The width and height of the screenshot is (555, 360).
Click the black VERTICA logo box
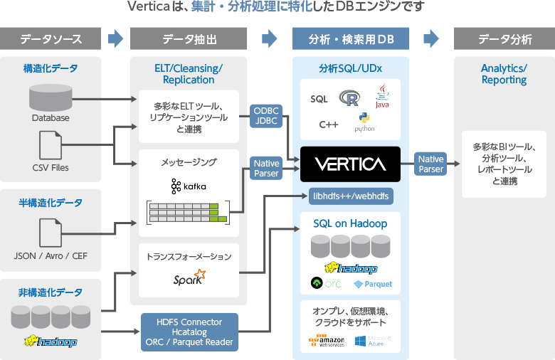tap(351, 164)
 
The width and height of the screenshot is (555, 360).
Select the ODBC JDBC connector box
tap(267, 115)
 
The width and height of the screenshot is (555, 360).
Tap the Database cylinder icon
tap(51, 97)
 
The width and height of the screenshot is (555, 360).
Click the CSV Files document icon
tap(51, 145)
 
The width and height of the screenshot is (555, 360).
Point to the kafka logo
tap(189, 186)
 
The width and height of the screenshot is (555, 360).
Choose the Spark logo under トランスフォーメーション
tap(189, 278)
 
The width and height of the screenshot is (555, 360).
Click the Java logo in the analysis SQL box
tap(382, 97)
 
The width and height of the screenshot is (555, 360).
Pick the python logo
tap(364, 122)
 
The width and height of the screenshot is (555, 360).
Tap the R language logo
tap(349, 98)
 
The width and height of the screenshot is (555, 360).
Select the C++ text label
tap(328, 125)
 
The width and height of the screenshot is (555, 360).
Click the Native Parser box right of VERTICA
tap(431, 164)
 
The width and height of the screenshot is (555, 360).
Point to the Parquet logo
tap(374, 284)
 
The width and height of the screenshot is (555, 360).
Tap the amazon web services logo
tap(326, 342)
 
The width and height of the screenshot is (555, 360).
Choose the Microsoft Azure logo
tap(373, 342)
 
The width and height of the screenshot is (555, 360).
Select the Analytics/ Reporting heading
tap(504, 74)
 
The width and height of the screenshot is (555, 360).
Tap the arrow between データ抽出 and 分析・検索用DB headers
tap(270, 38)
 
